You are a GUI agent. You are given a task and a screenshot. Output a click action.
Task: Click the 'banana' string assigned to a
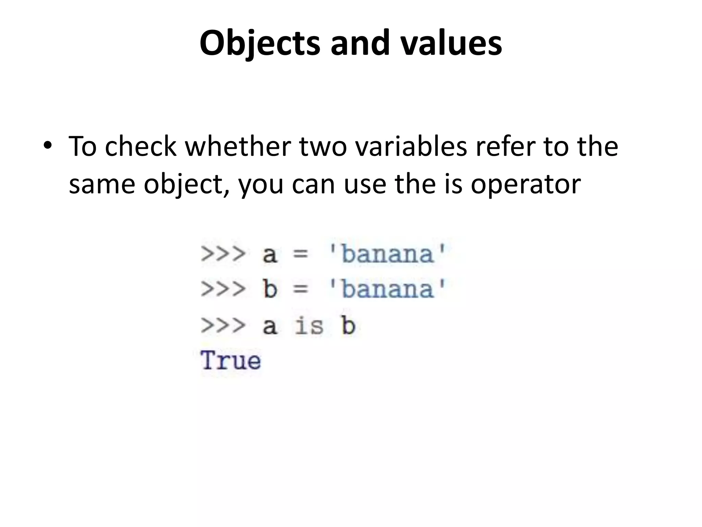pos(387,254)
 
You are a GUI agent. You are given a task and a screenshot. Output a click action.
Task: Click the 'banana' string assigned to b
pos(387,289)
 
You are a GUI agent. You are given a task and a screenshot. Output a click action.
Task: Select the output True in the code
pos(231,361)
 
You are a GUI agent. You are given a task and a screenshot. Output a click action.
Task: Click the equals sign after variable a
pos(301,255)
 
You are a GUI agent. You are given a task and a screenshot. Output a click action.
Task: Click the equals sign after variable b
pos(301,289)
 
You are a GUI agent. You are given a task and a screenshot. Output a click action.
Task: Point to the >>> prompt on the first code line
pos(223,254)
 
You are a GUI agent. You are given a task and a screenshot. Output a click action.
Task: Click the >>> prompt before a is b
pos(223,325)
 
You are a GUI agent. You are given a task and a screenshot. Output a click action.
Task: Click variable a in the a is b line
pos(270,326)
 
